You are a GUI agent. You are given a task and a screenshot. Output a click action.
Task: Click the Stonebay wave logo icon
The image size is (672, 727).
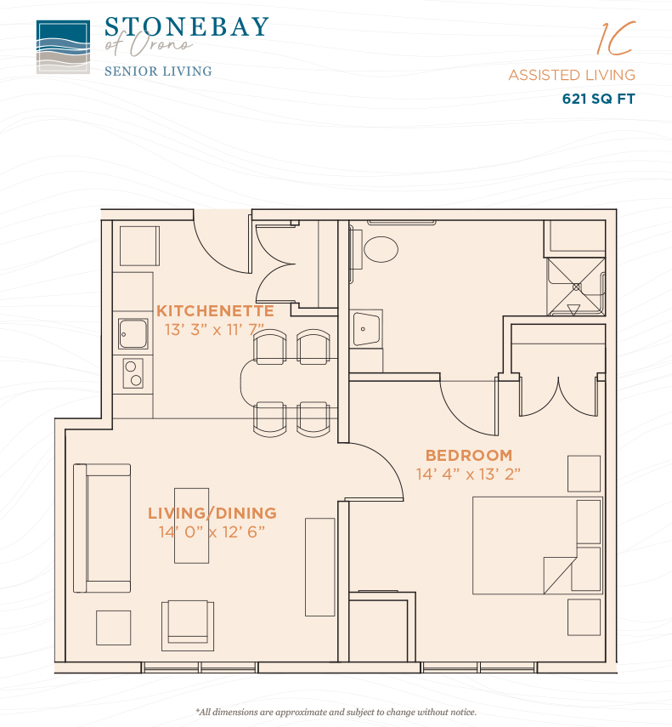point(63,47)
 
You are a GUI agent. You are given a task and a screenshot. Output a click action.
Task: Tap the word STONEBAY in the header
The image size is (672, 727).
point(187,27)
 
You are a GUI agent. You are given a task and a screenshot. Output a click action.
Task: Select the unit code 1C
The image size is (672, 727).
point(617,38)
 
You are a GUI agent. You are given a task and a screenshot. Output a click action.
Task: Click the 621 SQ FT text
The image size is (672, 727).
point(598,99)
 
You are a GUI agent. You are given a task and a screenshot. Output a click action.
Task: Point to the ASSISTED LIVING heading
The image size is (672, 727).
point(572,75)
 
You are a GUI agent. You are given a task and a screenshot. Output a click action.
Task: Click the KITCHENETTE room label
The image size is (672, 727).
point(215,310)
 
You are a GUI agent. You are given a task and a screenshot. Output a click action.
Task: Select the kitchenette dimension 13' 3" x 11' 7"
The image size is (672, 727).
point(214,330)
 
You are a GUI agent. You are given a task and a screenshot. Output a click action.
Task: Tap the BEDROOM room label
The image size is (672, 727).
point(469,455)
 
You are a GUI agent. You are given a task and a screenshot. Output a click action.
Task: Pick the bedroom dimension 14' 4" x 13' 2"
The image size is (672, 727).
point(468,474)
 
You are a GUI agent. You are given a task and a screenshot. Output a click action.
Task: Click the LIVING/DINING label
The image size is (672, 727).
point(212,514)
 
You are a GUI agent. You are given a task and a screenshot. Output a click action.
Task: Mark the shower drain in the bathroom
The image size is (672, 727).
point(576,287)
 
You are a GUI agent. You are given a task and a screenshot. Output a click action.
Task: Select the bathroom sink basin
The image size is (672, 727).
point(366,329)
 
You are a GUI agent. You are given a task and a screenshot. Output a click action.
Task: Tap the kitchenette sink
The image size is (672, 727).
point(133,333)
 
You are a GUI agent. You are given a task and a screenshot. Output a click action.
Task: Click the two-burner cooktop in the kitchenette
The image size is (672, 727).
point(133,373)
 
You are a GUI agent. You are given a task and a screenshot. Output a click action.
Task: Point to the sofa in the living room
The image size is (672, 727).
point(102,528)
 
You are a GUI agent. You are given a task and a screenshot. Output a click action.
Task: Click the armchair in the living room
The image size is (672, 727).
point(188,626)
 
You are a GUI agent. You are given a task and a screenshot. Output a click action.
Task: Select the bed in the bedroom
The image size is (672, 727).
point(537,546)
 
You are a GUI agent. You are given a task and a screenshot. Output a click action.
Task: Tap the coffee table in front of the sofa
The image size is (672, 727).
point(192,525)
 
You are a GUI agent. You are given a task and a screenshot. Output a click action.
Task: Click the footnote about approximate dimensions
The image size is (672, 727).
point(336,712)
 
